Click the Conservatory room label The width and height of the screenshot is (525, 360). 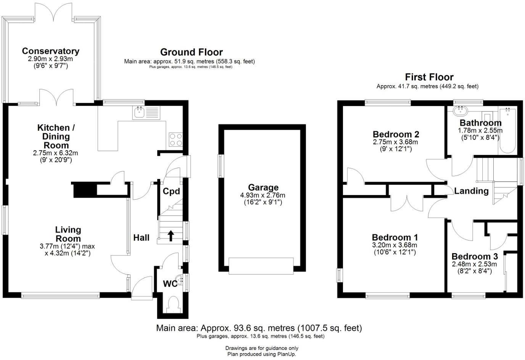(50, 51)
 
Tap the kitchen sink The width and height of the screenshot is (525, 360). (147, 112)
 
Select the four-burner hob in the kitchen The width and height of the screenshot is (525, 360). (176, 139)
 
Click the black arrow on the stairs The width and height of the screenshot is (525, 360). (171, 236)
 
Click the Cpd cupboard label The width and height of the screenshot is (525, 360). (171, 191)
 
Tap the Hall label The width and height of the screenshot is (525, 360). (141, 238)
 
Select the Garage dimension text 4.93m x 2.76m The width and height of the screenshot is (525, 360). (263, 195)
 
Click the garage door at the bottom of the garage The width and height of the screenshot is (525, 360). (261, 266)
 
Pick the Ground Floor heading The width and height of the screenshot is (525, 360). (191, 52)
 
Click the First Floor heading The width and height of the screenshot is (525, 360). (429, 77)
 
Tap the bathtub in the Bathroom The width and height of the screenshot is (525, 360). (508, 130)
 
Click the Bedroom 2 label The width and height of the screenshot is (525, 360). (396, 134)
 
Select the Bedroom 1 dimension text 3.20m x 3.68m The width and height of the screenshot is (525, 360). (395, 245)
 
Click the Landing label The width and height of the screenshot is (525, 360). (471, 191)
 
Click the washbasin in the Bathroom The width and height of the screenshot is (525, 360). (460, 111)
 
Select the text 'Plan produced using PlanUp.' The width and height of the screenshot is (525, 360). (262, 354)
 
